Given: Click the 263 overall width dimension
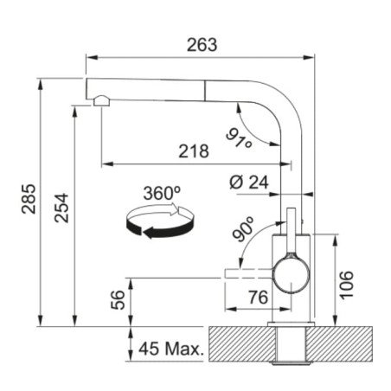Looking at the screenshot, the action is tap(202, 45).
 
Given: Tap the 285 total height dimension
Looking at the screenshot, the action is tap(29, 199).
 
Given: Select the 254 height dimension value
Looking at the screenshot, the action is tap(61, 208).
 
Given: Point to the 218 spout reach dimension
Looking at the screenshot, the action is tap(194, 151).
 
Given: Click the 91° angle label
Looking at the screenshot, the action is tap(239, 138).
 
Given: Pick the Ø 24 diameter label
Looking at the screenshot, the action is tap(249, 183).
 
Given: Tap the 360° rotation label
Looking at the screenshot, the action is tap(162, 193).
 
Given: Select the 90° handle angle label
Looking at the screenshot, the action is tap(243, 229).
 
